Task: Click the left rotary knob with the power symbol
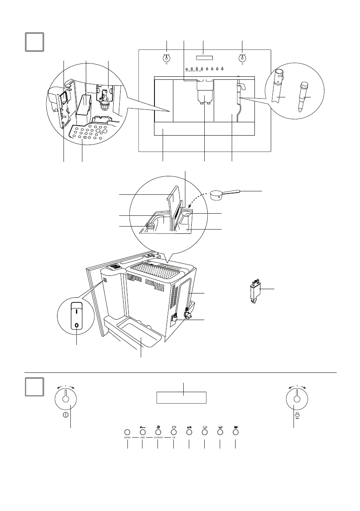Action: (66, 399)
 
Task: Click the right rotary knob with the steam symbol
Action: (296, 399)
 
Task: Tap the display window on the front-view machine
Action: (204, 58)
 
